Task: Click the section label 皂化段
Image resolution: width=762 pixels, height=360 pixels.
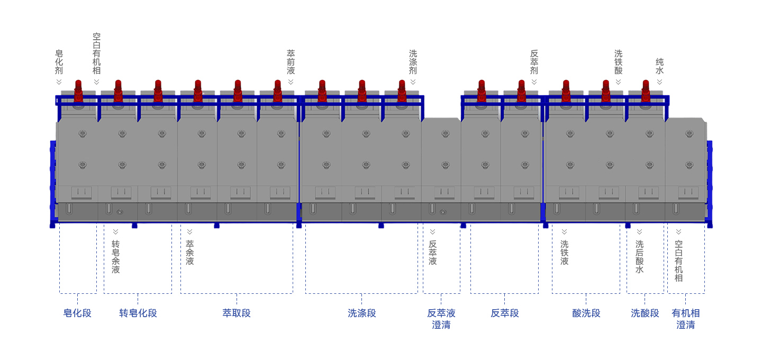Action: point(77,313)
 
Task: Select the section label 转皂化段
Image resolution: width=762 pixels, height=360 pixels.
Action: point(138,313)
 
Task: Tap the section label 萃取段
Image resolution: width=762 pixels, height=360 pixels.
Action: point(237,313)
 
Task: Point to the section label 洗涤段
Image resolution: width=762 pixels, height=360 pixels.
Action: point(362,313)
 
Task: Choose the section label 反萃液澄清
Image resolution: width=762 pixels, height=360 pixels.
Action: point(441,319)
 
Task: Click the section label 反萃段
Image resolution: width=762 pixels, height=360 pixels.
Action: point(505,313)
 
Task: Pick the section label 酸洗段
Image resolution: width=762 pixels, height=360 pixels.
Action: point(586,313)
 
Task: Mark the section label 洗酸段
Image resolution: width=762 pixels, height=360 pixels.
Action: point(645,313)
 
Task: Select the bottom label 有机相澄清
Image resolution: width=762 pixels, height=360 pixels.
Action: point(686,319)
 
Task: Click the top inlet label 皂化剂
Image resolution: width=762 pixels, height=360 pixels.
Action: point(59,61)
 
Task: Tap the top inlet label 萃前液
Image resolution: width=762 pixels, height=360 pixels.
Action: point(291,61)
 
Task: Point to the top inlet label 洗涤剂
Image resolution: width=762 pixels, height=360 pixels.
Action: point(413,61)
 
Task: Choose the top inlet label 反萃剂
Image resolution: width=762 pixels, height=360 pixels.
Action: point(534,61)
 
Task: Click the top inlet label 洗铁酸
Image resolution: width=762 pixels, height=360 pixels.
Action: point(618,61)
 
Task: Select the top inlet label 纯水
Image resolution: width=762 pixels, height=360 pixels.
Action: point(659,66)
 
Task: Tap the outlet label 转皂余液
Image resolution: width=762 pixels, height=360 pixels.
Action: point(115,257)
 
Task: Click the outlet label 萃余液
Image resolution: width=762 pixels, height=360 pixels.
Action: point(189,253)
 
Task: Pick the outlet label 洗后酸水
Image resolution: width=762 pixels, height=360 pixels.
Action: point(639,257)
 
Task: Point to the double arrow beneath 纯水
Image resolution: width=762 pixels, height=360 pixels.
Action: point(659,82)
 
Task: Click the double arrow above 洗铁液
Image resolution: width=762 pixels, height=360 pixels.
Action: point(564,231)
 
